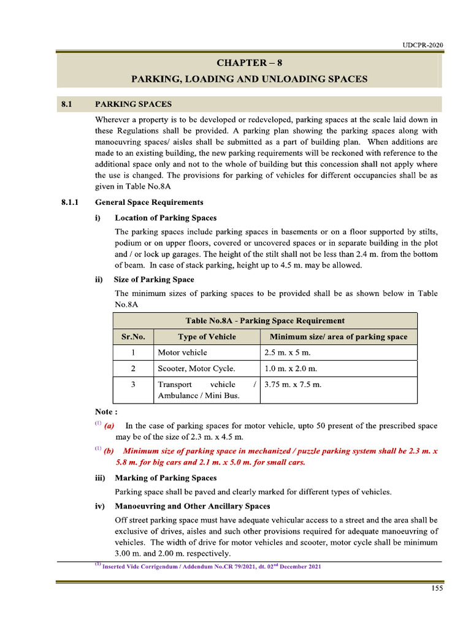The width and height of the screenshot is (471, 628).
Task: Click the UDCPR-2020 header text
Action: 423,45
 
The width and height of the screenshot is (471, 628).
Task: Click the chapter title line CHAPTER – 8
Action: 249,63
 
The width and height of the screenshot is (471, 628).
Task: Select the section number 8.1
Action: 67,104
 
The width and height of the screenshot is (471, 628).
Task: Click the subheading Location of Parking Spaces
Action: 166,218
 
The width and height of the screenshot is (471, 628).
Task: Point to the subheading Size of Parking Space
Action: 154,280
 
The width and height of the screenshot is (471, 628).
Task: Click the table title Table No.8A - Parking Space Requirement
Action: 265,321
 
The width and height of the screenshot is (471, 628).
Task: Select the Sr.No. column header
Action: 133,337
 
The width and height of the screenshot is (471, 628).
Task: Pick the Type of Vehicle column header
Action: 207,337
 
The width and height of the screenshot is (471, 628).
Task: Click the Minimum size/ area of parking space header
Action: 339,337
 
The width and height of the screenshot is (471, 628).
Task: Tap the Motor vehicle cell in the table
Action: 183,353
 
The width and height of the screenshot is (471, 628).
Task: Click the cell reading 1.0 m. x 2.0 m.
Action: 290,369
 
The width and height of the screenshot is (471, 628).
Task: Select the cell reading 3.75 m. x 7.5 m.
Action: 293,385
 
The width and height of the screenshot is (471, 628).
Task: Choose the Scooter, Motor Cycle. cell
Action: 196,369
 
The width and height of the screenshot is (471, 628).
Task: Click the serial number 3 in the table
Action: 133,385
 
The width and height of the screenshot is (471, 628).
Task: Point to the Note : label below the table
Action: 106,412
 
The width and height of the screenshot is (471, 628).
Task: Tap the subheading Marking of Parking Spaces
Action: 166,478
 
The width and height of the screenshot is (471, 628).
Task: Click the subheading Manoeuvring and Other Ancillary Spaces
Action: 192,506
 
